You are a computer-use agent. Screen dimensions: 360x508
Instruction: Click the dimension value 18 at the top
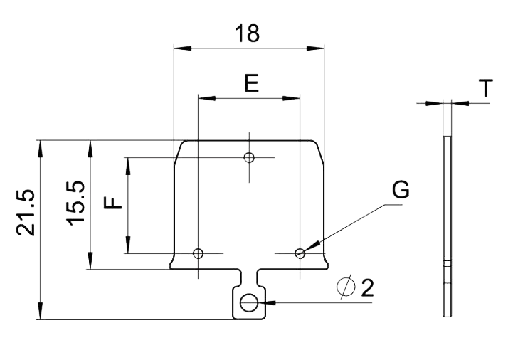click(x=249, y=33)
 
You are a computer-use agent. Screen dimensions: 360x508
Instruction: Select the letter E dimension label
click(x=250, y=83)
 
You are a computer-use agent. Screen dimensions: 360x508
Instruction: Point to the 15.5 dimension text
click(x=77, y=202)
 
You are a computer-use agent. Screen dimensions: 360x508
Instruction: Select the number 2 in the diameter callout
click(x=366, y=287)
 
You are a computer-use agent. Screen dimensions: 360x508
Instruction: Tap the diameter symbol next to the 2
click(x=346, y=287)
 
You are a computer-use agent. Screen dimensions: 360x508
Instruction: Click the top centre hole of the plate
click(x=249, y=157)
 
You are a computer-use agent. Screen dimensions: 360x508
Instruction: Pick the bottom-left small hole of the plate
click(x=199, y=253)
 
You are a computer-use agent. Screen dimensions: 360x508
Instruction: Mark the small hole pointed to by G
click(x=300, y=253)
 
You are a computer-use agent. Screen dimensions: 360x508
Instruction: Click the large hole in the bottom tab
click(x=249, y=303)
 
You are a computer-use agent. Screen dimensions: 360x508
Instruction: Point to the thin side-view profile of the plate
click(x=447, y=224)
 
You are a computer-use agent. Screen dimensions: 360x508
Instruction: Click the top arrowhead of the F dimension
click(x=129, y=163)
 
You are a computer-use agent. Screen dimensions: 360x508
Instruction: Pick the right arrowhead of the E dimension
click(x=295, y=98)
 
